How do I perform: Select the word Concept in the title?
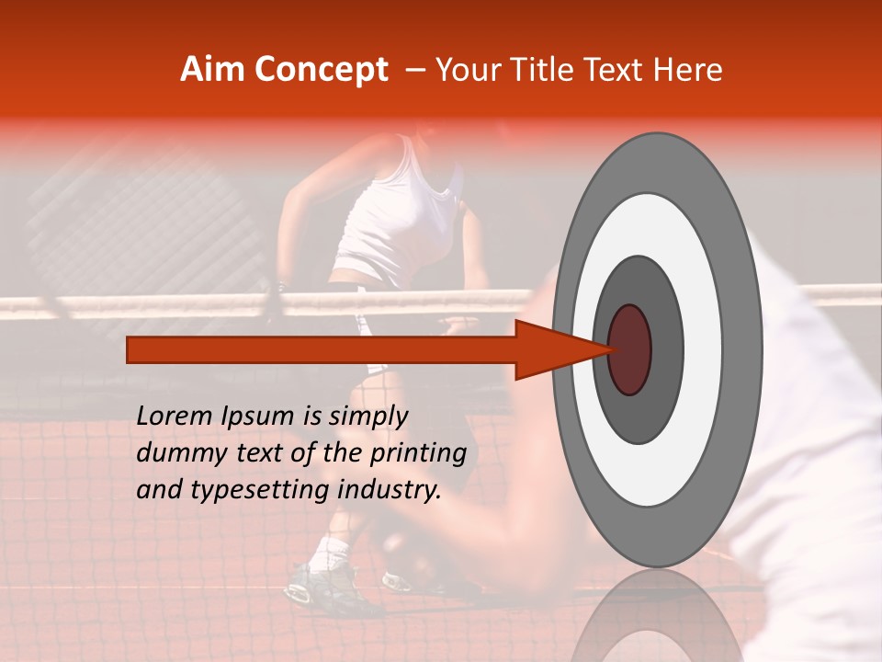(x=322, y=70)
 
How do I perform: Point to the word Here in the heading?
(x=688, y=70)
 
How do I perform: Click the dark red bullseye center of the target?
(x=629, y=349)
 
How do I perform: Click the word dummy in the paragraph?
(x=176, y=454)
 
